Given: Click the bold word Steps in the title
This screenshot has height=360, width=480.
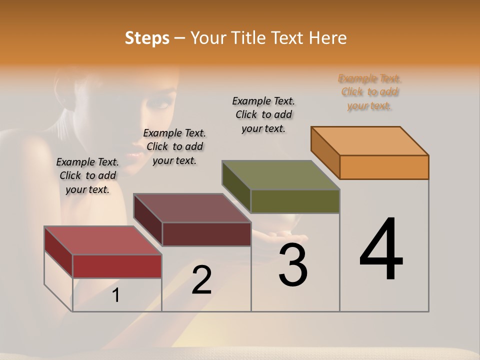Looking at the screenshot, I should coord(147,38).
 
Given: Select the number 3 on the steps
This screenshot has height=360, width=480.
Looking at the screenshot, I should coord(293,265).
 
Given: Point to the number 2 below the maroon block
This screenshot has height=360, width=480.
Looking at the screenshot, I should coord(201,280).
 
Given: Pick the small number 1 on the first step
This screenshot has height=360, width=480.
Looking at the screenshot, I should coord(116,295).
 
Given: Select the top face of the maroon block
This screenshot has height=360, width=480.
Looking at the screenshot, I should coord(192,208).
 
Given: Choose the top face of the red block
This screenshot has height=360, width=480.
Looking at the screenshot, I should coord(103,240).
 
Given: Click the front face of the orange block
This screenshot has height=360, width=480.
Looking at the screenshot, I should coord(384,167).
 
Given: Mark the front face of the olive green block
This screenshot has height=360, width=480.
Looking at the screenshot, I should coord(295,201).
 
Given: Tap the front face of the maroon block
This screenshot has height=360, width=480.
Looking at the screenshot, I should coord(206,234).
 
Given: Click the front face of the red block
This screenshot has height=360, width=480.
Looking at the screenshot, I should coord(117,266).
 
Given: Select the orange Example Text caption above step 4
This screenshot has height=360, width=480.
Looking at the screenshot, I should coord(369,92).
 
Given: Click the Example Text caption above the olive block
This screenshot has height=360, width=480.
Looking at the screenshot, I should coord(263,114).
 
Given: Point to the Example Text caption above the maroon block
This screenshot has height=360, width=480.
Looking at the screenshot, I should coord(174,146).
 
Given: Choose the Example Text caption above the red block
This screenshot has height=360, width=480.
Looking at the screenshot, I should coord(87,175).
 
